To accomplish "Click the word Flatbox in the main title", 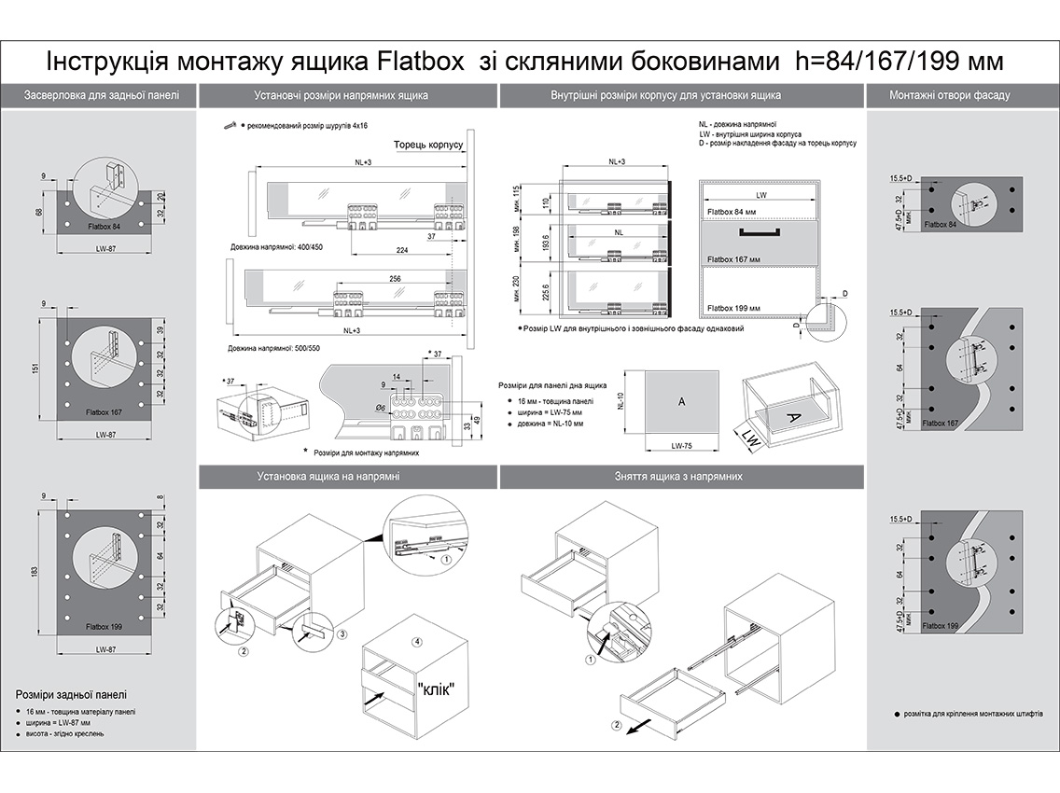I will point(423,62).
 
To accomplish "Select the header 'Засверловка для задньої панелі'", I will point(98,95).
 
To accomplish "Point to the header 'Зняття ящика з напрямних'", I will point(679,476).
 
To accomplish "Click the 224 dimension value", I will point(403,250).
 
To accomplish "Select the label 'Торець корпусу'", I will point(426,146).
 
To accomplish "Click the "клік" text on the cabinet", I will point(436,689).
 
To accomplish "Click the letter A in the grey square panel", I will point(681,401).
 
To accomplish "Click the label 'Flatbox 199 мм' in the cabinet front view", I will point(733,308).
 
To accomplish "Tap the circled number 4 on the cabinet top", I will point(417,642).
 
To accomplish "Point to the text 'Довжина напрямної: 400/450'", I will point(277,248).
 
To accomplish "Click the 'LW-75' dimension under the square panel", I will point(682,446).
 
